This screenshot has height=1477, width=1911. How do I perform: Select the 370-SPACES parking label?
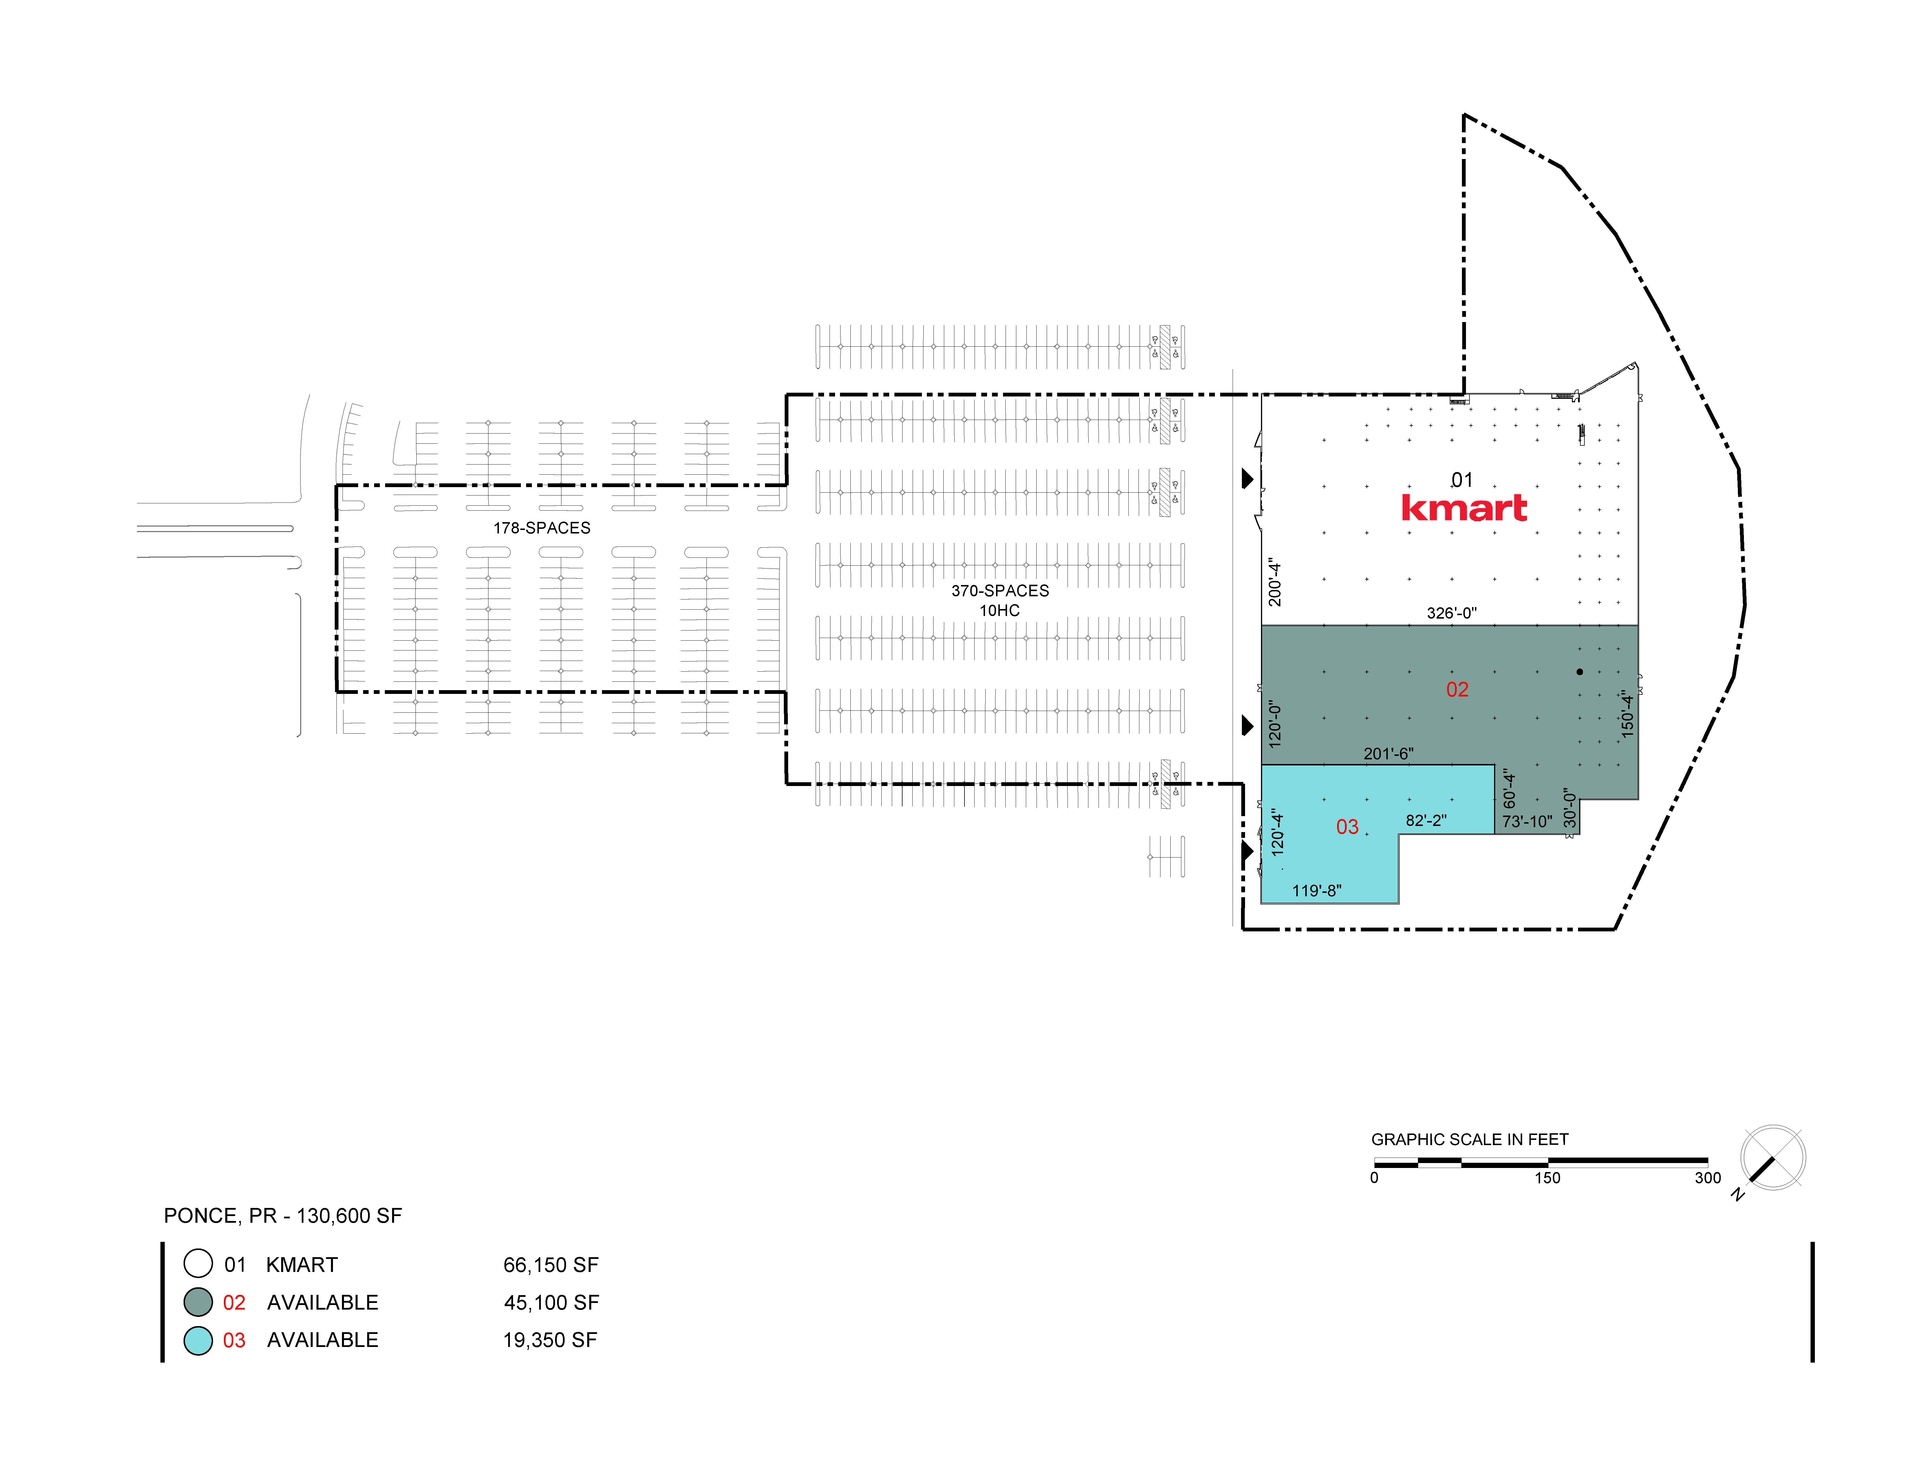[1000, 591]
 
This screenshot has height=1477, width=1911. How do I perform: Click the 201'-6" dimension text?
[1389, 753]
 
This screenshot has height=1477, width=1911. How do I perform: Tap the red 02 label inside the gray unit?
[1457, 690]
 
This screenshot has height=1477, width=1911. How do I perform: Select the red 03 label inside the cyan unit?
[1348, 827]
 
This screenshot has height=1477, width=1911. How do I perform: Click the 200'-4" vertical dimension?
[1275, 582]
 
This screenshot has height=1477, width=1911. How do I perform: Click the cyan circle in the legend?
[199, 1341]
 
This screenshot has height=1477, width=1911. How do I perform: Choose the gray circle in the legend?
[199, 1302]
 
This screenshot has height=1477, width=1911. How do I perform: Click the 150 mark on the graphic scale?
[1547, 1178]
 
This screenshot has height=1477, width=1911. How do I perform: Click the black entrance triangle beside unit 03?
[1248, 851]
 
